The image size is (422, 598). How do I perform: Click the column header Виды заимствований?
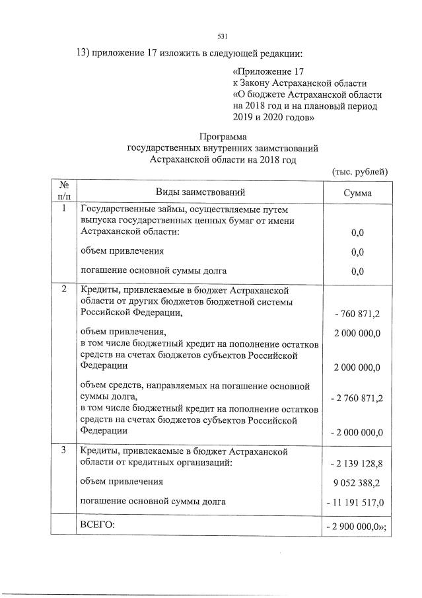pyautogui.click(x=200, y=192)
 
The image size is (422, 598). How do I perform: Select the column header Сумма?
pyautogui.click(x=357, y=193)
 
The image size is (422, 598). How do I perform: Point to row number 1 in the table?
pyautogui.click(x=63, y=209)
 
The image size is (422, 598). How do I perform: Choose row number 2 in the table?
pyautogui.click(x=63, y=289)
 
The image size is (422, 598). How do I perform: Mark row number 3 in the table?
pyautogui.click(x=63, y=451)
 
